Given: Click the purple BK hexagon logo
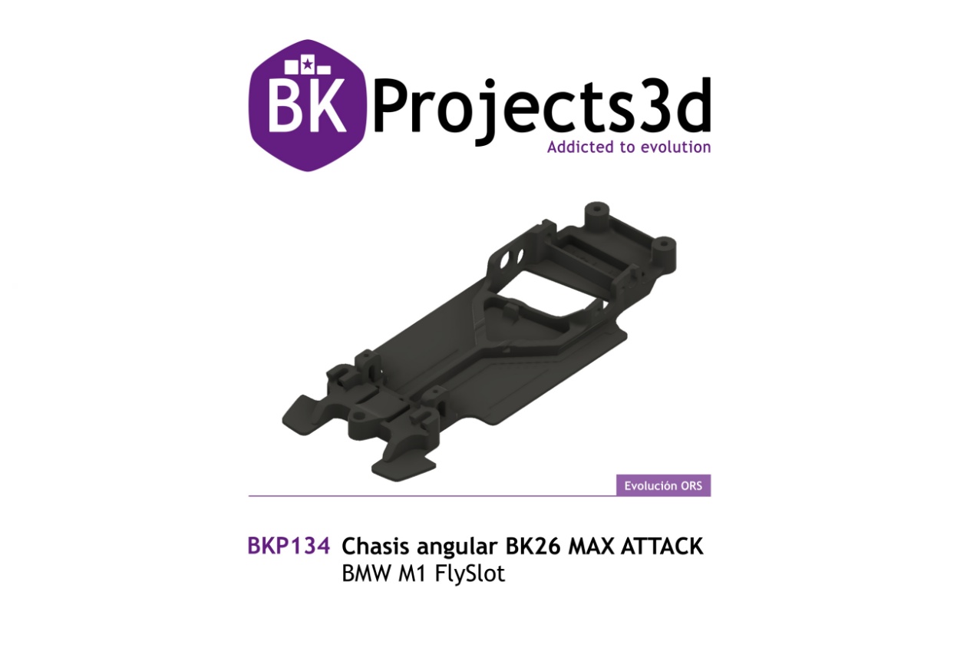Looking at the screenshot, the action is click(x=308, y=105).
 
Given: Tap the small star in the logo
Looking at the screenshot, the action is click(x=307, y=64).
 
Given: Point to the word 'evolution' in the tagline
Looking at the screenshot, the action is click(x=676, y=147).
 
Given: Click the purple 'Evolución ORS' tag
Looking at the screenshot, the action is click(x=664, y=485).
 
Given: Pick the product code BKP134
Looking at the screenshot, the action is click(x=289, y=546).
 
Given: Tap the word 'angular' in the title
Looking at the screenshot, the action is click(x=457, y=547).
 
